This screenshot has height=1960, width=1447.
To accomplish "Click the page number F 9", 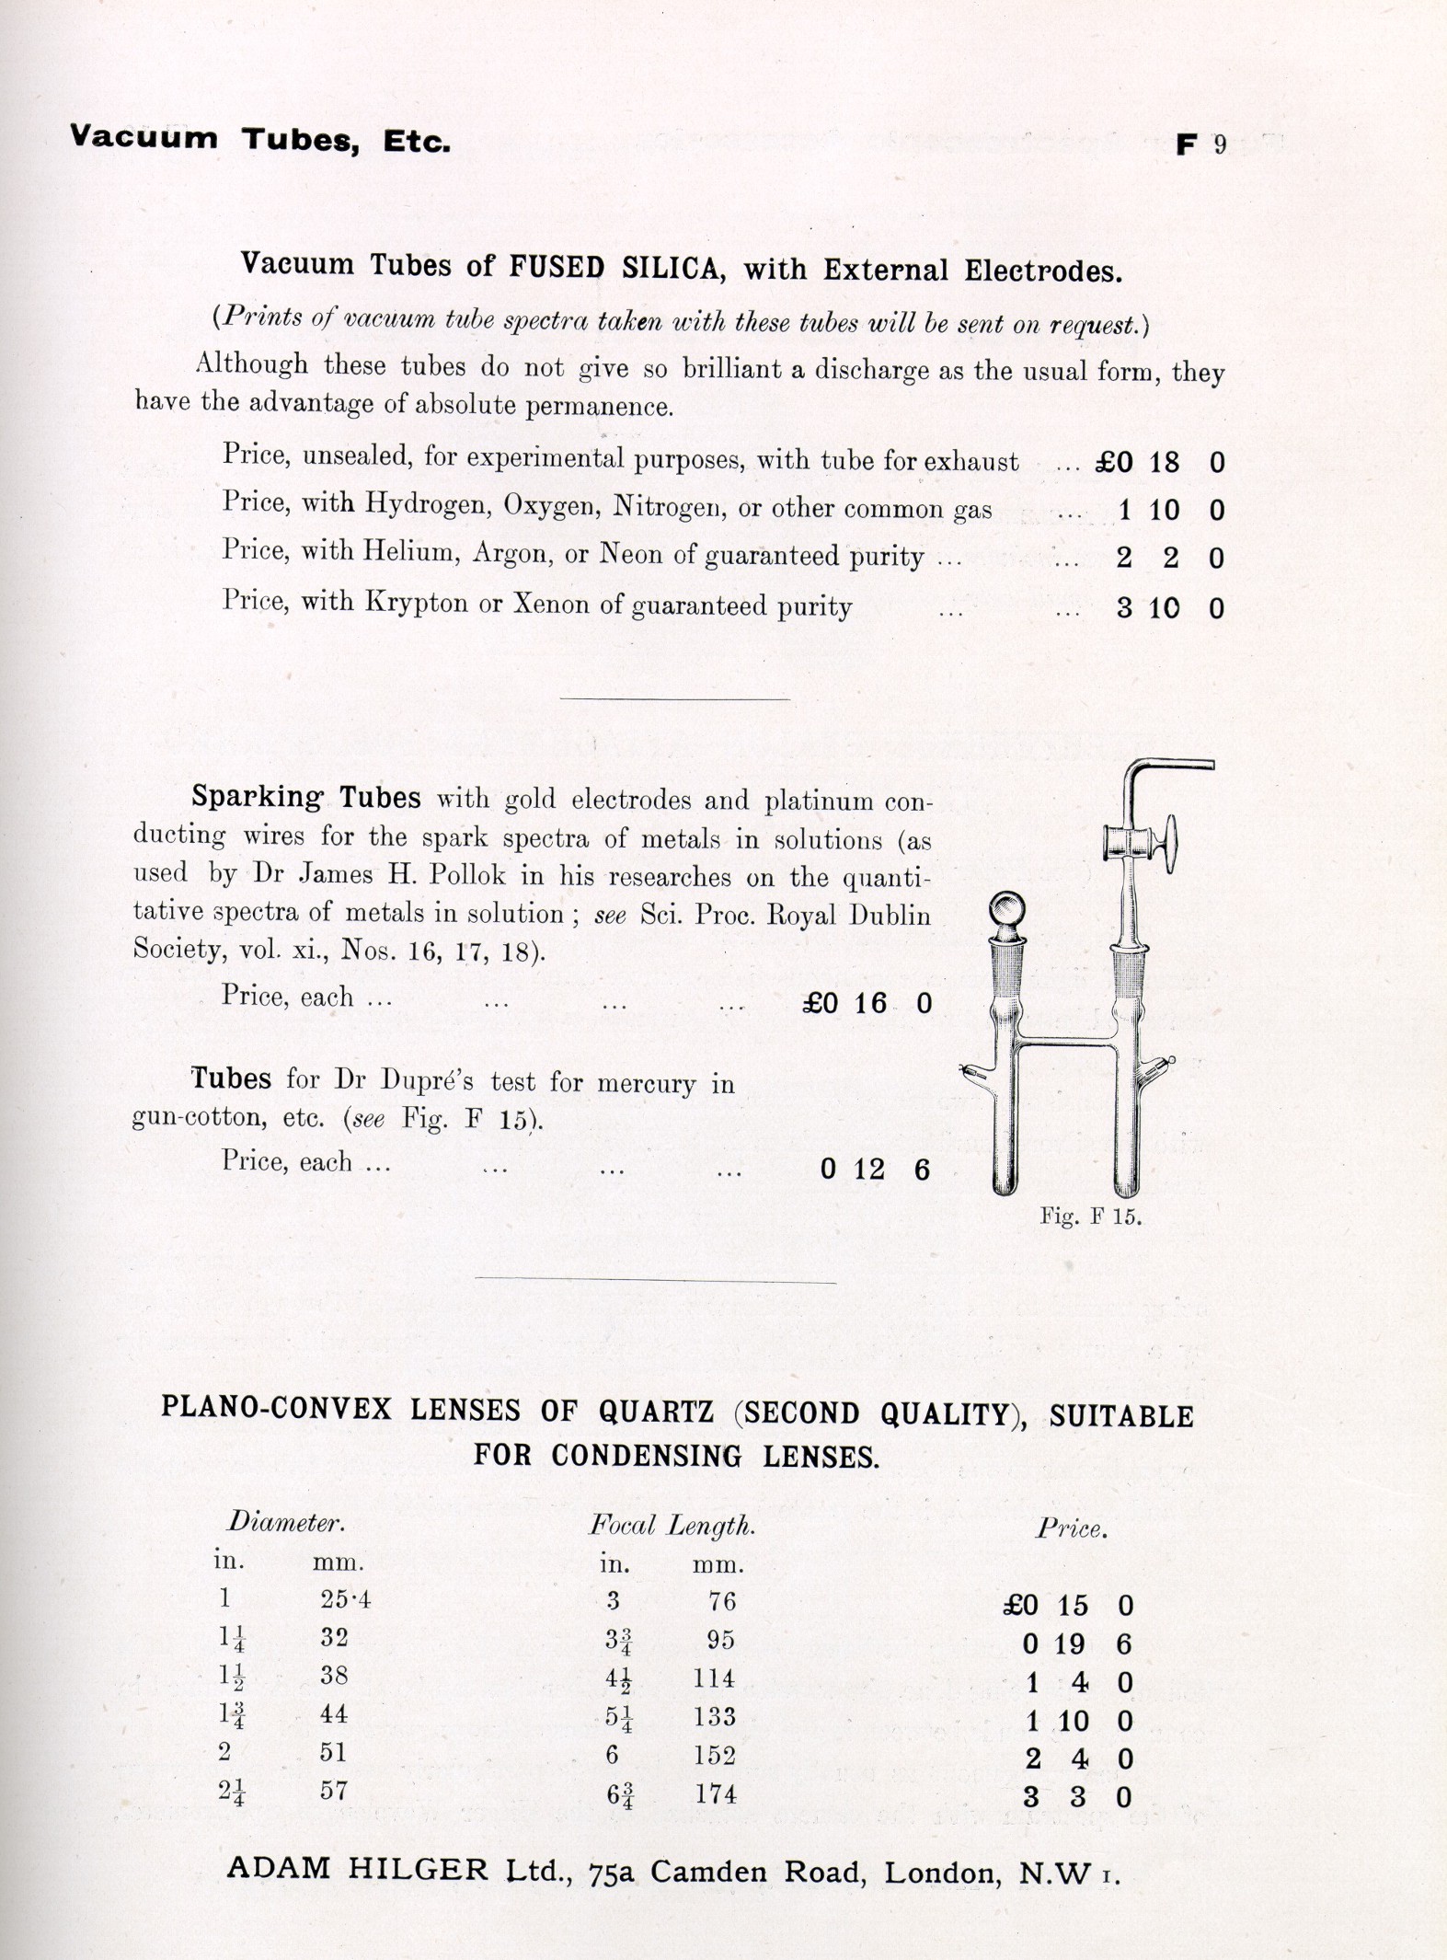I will tap(1201, 144).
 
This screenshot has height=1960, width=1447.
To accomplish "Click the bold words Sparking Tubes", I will tap(306, 797).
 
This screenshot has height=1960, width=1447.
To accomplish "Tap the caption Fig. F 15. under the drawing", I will tap(1090, 1216).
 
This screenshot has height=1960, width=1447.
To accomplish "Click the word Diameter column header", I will tap(285, 1523).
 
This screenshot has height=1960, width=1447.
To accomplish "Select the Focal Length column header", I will tap(672, 1526).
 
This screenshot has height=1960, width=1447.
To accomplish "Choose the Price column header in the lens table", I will tap(1072, 1529).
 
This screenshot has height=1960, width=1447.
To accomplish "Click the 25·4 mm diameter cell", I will tap(345, 1600).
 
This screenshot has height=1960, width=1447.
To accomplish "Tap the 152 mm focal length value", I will tap(715, 1755).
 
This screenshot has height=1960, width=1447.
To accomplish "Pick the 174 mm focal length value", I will tap(715, 1793).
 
